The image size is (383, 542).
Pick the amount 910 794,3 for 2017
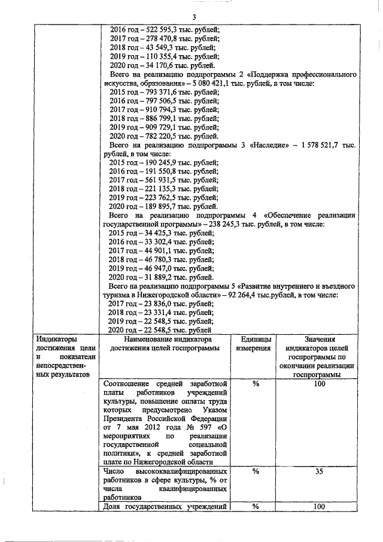tap(158, 110)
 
